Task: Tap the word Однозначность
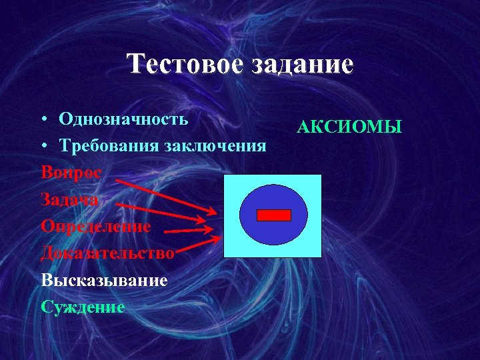tap(123, 119)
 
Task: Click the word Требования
tap(109, 145)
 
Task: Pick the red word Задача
tap(69, 199)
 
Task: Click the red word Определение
tap(95, 226)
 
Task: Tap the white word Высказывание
tap(104, 280)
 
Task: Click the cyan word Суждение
tap(83, 307)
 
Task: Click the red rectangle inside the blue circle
tap(274, 215)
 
